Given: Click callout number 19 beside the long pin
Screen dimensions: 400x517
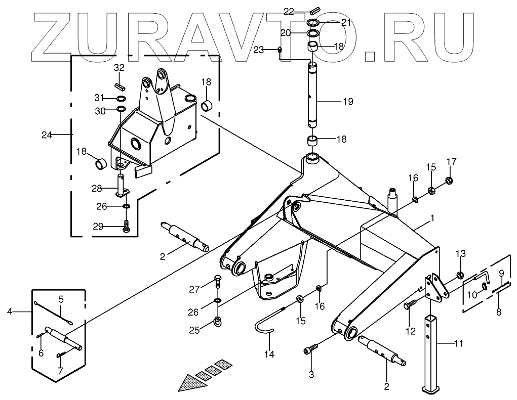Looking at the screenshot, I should [347, 102].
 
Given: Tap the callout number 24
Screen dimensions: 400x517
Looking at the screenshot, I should [47, 135].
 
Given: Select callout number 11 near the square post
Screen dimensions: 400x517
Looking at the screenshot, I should [458, 343].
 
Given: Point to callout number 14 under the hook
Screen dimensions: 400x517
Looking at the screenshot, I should [269, 354].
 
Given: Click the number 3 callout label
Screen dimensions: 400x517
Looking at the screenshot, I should [311, 375].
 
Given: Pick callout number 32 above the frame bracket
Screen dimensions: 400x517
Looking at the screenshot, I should [118, 68].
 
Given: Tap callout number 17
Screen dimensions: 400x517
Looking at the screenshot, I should [451, 162].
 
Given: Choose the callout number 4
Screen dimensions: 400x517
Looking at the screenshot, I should [10, 312].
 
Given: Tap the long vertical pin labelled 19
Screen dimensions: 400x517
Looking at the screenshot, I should [313, 96].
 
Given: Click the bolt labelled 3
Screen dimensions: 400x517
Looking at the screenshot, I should [311, 350].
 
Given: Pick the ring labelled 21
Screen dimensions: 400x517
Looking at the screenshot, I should [313, 23].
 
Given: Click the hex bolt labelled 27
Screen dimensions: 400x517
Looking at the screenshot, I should [218, 279].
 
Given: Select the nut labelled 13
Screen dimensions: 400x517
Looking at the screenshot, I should [460, 275].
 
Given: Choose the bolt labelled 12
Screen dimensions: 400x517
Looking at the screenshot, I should [410, 305].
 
